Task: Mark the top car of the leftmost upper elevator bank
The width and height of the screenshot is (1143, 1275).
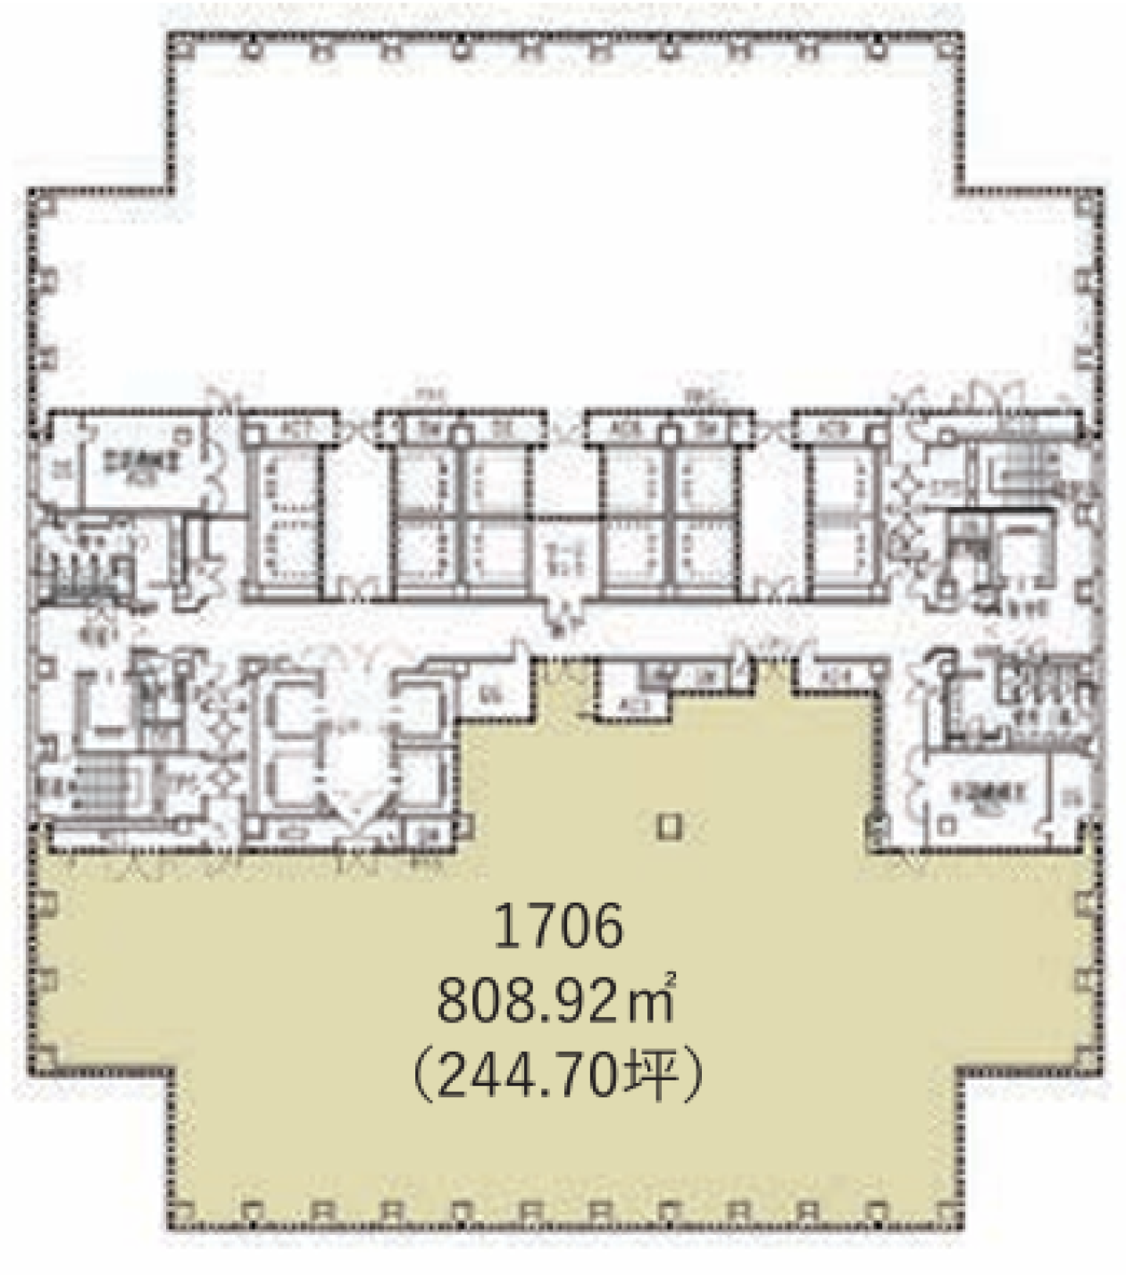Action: click(x=282, y=479)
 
